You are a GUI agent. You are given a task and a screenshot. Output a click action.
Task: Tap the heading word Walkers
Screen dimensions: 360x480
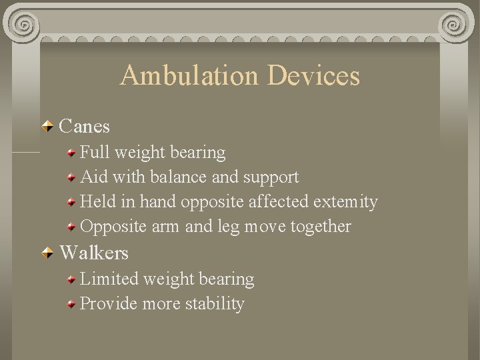[94, 253]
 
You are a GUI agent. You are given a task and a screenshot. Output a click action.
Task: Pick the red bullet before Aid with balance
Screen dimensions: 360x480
[71, 178]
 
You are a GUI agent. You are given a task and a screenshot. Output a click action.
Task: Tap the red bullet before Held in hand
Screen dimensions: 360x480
[71, 202]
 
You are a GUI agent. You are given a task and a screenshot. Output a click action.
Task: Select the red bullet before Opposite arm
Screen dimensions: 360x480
[71, 227]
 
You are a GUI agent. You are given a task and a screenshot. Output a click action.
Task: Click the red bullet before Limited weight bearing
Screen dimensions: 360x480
[71, 279]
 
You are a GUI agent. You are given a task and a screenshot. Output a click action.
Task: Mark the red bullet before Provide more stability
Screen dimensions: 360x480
[71, 305]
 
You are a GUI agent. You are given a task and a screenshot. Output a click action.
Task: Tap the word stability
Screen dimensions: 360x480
[215, 304]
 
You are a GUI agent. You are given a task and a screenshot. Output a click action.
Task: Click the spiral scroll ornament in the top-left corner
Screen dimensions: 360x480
[23, 26]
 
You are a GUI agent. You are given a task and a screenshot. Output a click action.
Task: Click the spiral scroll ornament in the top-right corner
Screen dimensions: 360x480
[458, 26]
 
